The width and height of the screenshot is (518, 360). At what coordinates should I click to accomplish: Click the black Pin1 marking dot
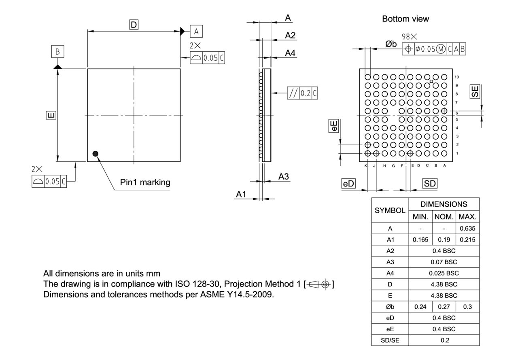coord(96,153)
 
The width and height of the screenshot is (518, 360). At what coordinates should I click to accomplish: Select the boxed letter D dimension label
coord(134,25)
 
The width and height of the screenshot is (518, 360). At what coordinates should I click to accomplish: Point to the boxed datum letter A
coord(196,31)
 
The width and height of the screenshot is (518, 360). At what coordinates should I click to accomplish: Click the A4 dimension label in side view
coord(290,53)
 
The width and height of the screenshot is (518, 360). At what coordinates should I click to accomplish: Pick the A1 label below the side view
coord(241,195)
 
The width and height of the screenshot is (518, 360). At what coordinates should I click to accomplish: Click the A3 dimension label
coord(284,176)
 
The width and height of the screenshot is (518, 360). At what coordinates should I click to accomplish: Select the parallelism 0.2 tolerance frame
coord(302,93)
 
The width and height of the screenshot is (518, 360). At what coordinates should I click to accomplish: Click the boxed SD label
coord(430,183)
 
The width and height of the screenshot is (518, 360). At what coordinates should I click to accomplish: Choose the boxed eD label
coord(348,183)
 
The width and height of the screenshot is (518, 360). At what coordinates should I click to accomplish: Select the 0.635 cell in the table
coord(467,229)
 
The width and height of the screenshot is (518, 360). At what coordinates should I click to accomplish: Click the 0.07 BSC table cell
coord(444,262)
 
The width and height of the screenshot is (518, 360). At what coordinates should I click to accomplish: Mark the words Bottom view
coord(405,19)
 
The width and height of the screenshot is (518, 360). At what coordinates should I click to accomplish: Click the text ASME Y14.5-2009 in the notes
coord(243,294)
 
